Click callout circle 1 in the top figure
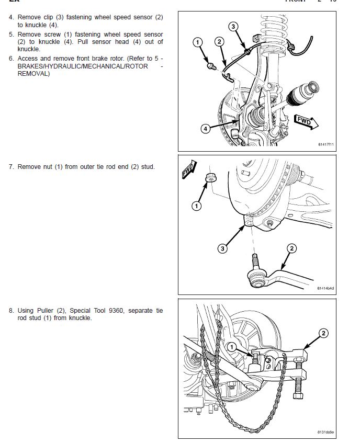pyautogui.click(x=197, y=41)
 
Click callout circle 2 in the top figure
pyautogui.click(x=219, y=41)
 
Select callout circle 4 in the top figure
pyautogui.click(x=206, y=128)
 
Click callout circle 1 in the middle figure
pyautogui.click(x=197, y=206)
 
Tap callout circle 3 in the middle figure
pyautogui.click(x=223, y=248)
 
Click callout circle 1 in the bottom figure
pyautogui.click(x=232, y=346)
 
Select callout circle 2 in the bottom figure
pyautogui.click(x=323, y=333)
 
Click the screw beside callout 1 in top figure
pyautogui.click(x=210, y=66)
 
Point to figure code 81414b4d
pyautogui.click(x=325, y=288)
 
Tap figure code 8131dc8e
pyautogui.click(x=325, y=432)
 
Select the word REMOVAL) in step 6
pyautogui.click(x=34, y=74)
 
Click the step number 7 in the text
pyautogui.click(x=11, y=167)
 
